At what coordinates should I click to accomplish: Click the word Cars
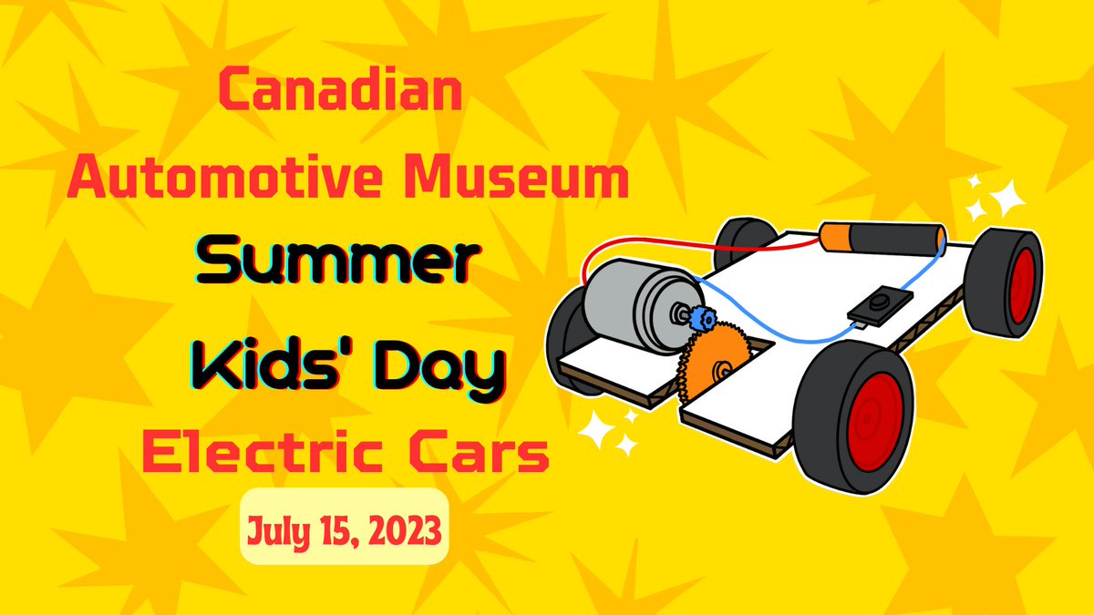tap(483, 453)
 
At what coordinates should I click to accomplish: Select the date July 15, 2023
tap(344, 526)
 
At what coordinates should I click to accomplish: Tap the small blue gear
tap(701, 318)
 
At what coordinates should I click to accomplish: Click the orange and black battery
tap(880, 240)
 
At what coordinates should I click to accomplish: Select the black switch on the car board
tap(881, 305)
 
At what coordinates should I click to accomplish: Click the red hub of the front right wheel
tap(872, 419)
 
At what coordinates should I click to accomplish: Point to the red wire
tap(638, 245)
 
